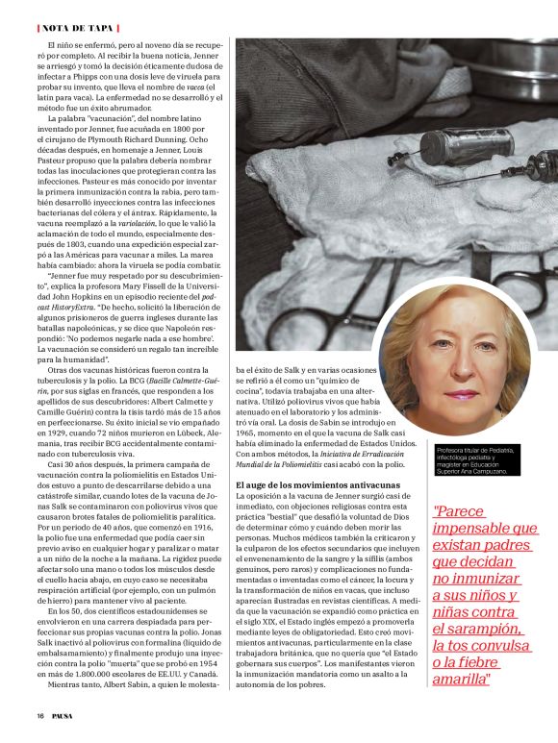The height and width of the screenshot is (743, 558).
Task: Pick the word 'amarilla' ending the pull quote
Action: (464, 679)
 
